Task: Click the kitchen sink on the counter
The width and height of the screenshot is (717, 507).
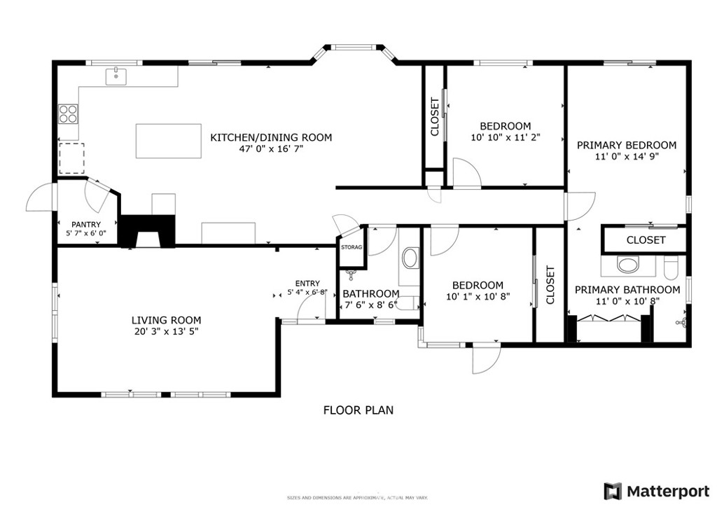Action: (116, 76)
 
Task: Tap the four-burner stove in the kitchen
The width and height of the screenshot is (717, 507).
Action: (68, 113)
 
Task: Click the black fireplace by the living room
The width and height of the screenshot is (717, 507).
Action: (147, 232)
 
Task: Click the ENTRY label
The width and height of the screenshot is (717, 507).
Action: (307, 284)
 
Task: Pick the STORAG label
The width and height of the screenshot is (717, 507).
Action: (351, 247)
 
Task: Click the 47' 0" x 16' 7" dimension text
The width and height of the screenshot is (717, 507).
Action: (271, 149)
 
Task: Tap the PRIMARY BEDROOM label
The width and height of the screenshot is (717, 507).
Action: (627, 145)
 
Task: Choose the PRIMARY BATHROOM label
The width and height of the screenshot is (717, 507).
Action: (627, 289)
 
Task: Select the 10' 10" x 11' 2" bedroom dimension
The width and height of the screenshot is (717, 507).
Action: (505, 138)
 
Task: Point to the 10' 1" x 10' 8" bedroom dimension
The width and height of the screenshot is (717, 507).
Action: (478, 296)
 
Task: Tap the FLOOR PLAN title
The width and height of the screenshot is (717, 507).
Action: (358, 410)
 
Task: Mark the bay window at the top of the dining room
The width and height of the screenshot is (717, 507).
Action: (353, 49)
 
